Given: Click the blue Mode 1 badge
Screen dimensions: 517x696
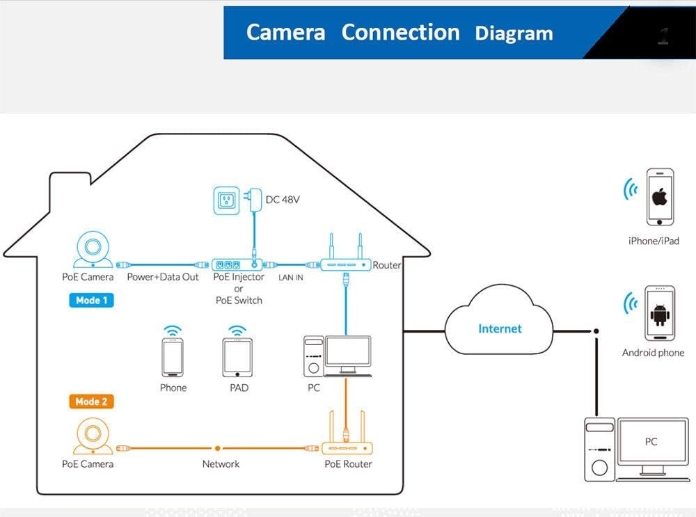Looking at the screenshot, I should point(91,301).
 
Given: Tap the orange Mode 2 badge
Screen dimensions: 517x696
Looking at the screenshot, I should point(91,401).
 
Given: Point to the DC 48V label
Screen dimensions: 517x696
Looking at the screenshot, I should point(283,200).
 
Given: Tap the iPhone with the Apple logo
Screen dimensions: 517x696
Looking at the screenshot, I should point(660,197).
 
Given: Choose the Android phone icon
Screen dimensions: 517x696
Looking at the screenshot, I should point(658,314).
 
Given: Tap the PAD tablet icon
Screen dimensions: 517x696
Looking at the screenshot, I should point(238,358).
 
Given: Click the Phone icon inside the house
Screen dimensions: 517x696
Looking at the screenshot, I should point(173,357).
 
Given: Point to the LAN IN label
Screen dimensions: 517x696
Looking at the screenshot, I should point(290,278).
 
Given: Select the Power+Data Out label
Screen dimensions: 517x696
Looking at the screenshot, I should point(163,277).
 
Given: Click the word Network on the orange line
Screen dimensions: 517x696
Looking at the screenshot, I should point(221,464).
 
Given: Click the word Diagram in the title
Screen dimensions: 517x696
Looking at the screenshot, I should point(514,33).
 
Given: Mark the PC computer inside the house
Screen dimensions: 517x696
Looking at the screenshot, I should point(338,356).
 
